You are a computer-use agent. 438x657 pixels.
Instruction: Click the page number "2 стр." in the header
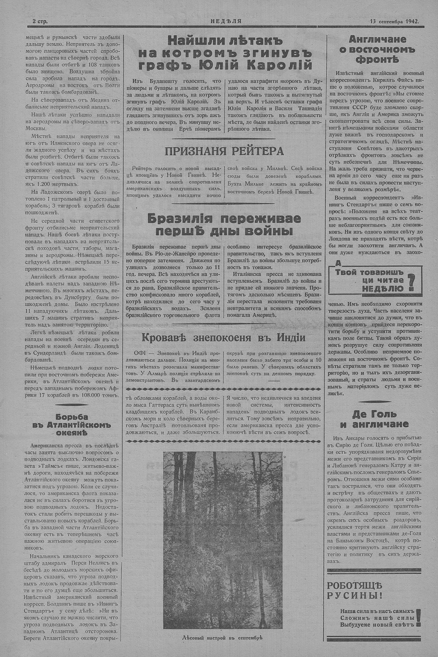coord(40,21)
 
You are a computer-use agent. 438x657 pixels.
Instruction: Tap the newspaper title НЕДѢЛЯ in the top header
coord(226,21)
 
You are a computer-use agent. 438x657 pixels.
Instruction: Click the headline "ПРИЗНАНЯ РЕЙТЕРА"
coord(224,151)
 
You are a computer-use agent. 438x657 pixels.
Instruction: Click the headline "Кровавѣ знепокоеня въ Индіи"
coord(223,337)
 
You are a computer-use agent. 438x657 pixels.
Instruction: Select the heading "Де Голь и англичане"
coord(374,419)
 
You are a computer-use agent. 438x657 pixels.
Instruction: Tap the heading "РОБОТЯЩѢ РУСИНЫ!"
coord(355,590)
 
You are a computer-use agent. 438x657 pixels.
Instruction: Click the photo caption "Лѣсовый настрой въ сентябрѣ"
coord(223,637)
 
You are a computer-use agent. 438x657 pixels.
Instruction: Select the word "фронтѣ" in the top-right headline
coord(374,60)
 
